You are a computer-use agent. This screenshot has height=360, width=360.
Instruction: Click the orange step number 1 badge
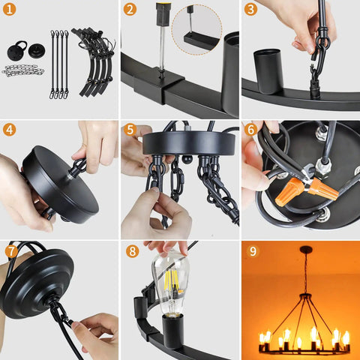point(9,9)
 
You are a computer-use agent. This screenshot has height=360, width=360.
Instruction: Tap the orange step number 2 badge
point(130,9)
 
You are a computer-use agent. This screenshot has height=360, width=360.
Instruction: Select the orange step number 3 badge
point(250,9)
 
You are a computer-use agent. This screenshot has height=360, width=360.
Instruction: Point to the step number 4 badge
point(9,130)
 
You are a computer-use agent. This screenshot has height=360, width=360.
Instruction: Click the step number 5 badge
point(130,130)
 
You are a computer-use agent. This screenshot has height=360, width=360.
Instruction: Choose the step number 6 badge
point(250,130)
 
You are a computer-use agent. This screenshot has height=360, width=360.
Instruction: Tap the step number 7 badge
point(11,251)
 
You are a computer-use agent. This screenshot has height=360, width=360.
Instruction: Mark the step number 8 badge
point(132,251)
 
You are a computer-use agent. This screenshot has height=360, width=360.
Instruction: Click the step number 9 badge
point(253,251)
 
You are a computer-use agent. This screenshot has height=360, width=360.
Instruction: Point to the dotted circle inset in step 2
point(196,29)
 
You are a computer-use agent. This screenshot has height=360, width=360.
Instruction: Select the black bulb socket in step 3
point(268,71)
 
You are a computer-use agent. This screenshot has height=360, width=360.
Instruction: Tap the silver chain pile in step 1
point(23,70)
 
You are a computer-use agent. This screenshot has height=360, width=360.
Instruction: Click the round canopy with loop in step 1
point(17,50)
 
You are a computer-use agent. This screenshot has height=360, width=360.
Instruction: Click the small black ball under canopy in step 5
point(187,159)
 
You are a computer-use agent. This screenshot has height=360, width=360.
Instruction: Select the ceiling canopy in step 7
point(37,283)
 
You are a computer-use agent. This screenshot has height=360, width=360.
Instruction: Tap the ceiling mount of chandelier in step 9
point(306,249)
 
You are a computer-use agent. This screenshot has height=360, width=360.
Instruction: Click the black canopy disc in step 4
point(60,185)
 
